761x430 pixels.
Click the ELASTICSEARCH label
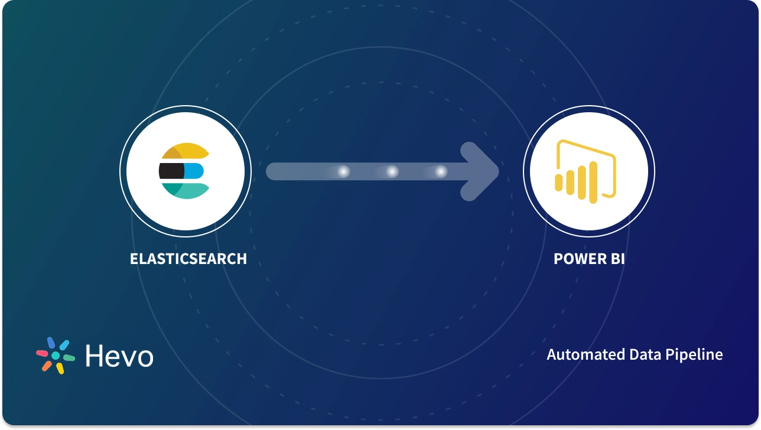pos(188,259)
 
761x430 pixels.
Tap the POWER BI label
pos(588,259)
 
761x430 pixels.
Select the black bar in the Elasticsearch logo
pos(171,171)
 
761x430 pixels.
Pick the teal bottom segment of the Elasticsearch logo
pos(188,190)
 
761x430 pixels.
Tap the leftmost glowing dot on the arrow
pos(343,171)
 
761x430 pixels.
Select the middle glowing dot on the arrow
pos(392,171)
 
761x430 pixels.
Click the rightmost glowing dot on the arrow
pos(441,171)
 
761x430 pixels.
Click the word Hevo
pos(119,356)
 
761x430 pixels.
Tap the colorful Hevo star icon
pos(56,356)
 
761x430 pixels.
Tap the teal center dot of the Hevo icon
pos(56,356)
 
